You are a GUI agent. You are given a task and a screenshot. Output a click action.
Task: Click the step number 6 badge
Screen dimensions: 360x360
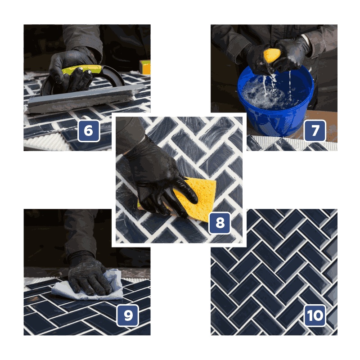[x=89, y=131]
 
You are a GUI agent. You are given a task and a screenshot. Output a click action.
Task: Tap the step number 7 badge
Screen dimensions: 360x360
[x=315, y=130]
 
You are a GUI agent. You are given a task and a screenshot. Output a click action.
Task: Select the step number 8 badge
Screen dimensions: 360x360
[x=220, y=223]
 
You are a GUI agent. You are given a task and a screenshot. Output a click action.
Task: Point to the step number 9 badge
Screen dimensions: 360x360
[x=128, y=315]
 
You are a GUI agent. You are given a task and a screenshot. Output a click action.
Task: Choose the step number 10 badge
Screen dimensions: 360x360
[x=315, y=315]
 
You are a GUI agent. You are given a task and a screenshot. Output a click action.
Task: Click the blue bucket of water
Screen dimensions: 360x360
[x=275, y=101]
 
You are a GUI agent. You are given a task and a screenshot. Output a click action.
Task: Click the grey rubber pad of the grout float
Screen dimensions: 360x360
[x=85, y=99]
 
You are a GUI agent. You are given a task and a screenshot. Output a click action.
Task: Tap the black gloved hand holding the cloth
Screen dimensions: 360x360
[x=88, y=274]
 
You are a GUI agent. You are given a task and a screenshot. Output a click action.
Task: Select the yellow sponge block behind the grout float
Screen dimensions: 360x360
[x=145, y=67]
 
